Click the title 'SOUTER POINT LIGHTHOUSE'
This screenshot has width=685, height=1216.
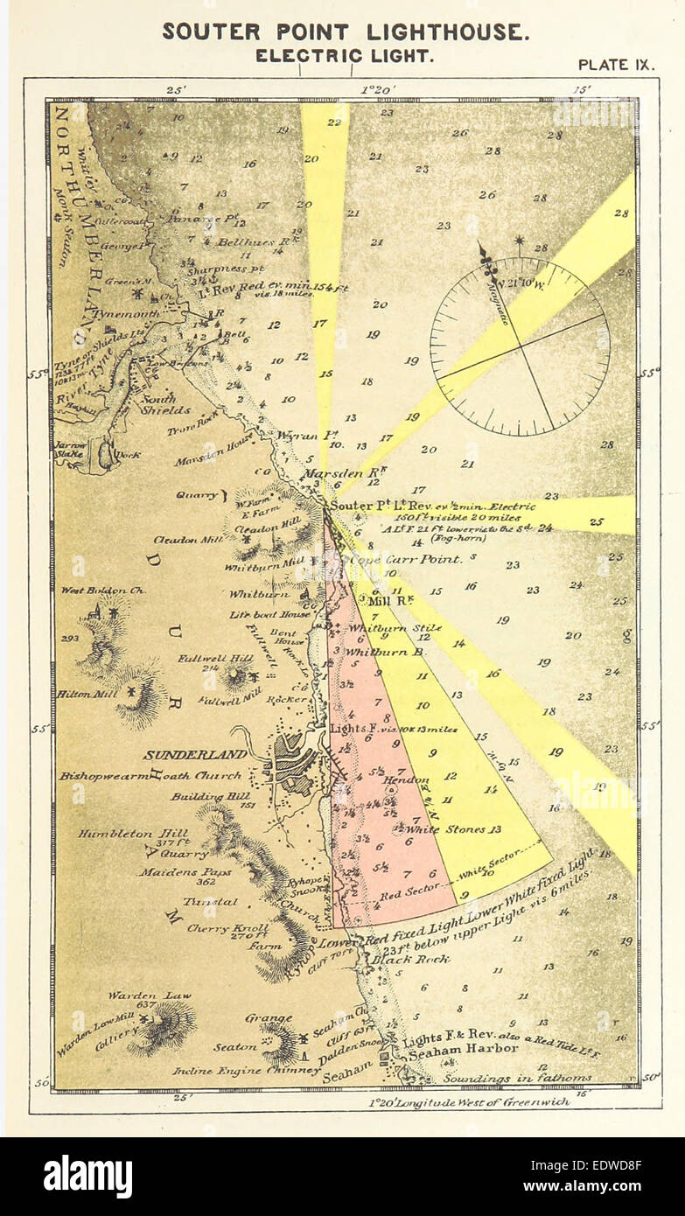coord(346,32)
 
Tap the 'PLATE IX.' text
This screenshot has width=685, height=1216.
coord(617,65)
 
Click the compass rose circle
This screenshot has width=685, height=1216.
coord(521,346)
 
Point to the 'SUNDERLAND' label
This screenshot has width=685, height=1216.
coord(183,754)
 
